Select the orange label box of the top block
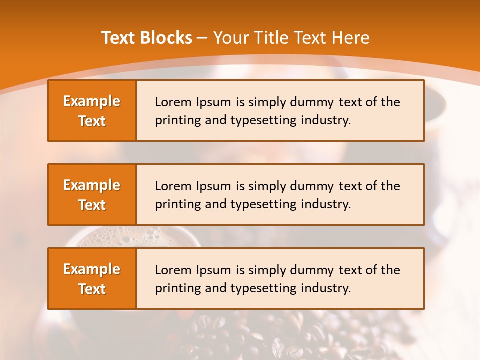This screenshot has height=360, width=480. point(92,111)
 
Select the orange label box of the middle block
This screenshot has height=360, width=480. point(92,195)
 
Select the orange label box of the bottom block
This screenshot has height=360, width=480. point(92,279)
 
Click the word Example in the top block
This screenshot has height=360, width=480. point(92,101)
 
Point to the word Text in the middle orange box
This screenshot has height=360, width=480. point(92,205)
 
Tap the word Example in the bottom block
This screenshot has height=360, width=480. point(92,269)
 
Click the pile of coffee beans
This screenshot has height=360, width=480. point(280,335)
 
